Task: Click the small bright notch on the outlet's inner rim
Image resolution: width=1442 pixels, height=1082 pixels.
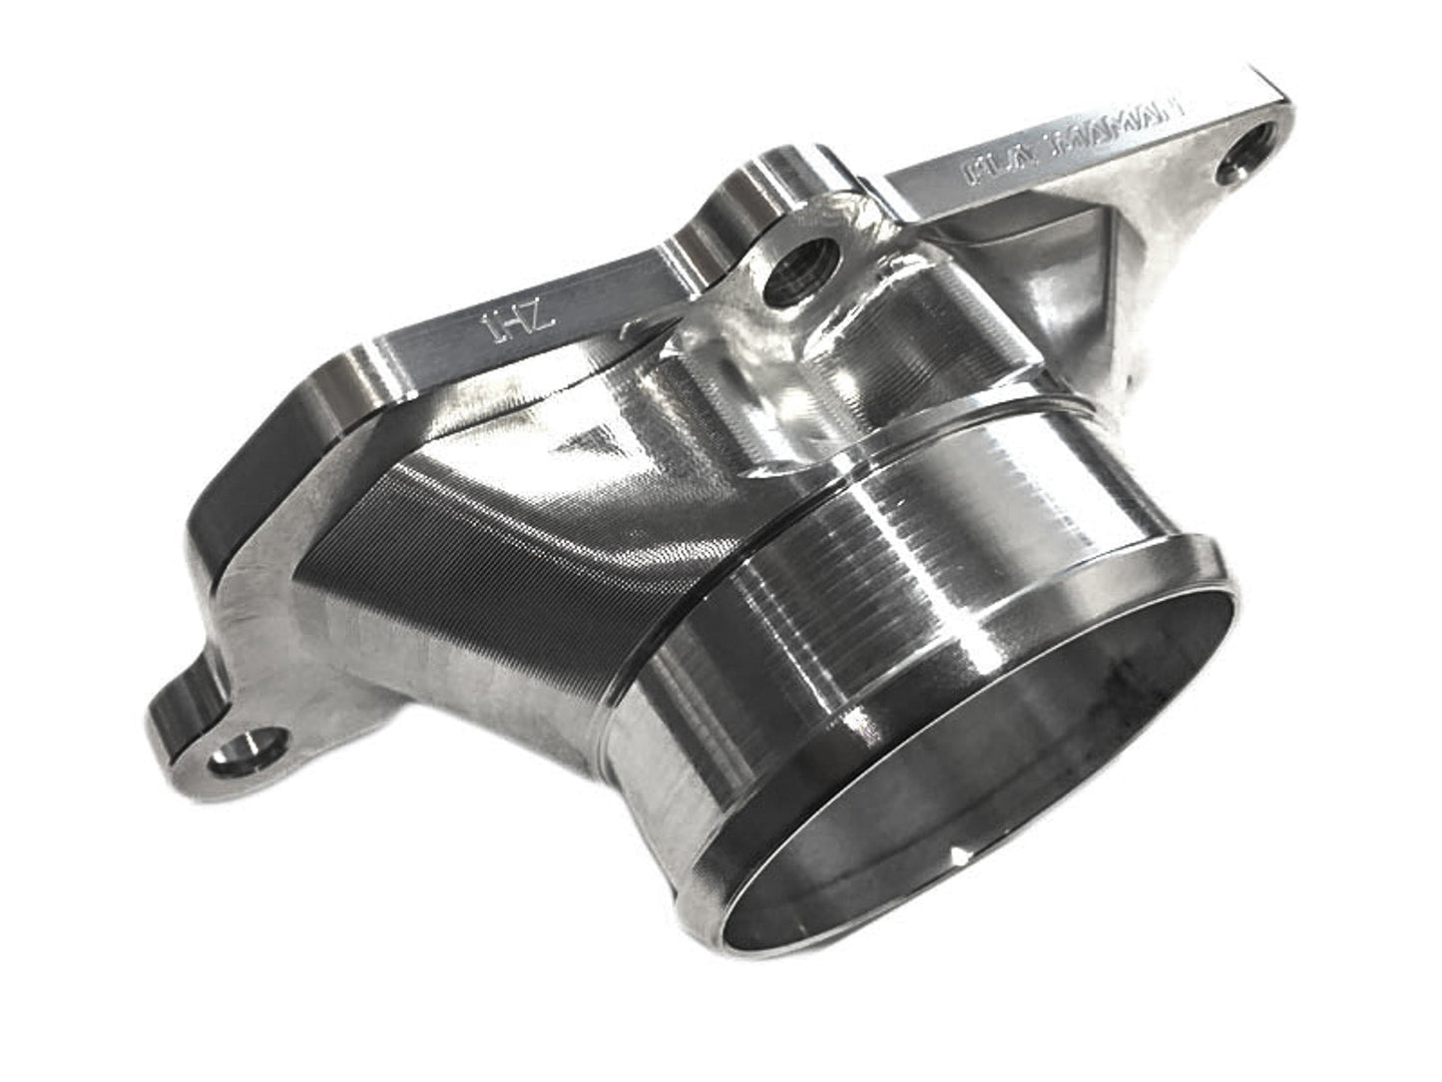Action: point(958,856)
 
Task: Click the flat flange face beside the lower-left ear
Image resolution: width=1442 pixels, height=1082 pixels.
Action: point(269,619)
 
